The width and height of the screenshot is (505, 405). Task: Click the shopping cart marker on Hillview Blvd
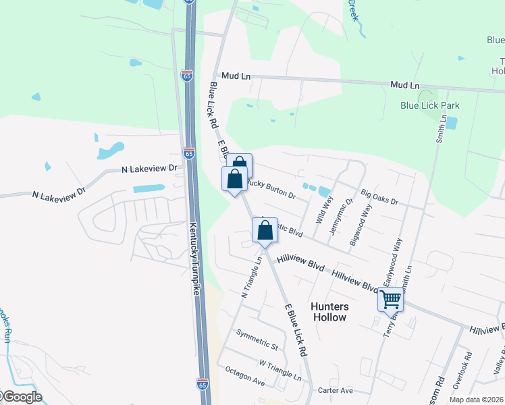point(391,299)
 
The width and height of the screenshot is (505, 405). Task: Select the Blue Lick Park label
point(429,105)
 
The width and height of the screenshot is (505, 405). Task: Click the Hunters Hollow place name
point(329,311)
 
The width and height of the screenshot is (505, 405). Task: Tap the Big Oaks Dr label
point(379,198)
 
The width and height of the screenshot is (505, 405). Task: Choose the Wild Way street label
point(325,210)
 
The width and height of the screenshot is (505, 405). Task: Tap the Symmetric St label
point(257,340)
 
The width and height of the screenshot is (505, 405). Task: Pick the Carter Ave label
point(336,391)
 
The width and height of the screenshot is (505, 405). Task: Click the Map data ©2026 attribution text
point(476,400)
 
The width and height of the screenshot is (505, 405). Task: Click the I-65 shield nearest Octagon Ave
point(202,384)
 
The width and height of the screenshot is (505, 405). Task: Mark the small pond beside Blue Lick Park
point(451,124)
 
